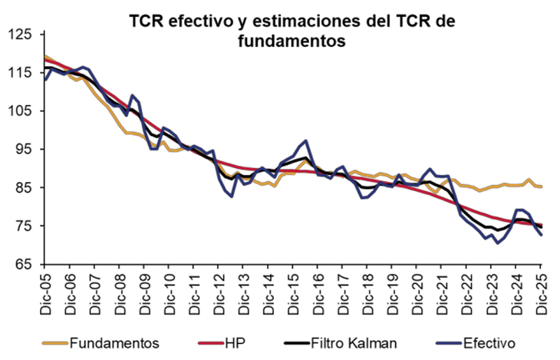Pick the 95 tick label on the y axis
point(24,150)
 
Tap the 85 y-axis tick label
point(24,188)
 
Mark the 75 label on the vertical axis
point(24,226)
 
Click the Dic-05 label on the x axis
point(45,289)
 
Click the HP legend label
point(236,342)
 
